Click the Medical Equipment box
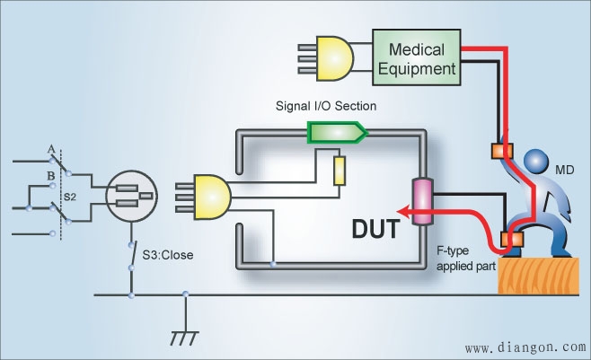(417, 57)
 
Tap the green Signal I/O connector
(338, 132)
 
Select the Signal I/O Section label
(326, 106)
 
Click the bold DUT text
(375, 229)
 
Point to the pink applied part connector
(423, 202)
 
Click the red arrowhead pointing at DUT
(404, 212)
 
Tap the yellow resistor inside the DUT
(340, 171)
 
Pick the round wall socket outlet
(131, 196)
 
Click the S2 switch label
(70, 197)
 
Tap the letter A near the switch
(51, 150)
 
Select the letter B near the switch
(51, 176)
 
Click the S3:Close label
(168, 255)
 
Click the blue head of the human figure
(536, 162)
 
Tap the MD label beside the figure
(565, 170)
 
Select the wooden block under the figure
(539, 276)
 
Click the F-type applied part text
(466, 259)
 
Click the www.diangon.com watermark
(525, 347)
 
